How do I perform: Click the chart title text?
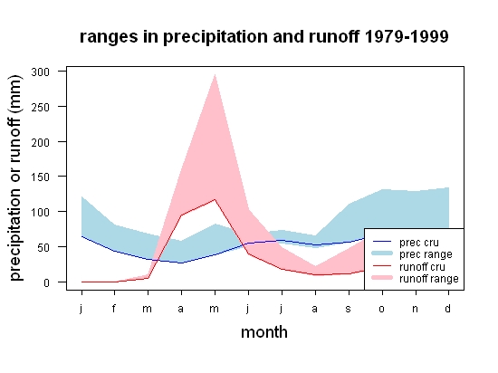point(263,37)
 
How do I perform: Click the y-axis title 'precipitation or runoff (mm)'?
point(15,178)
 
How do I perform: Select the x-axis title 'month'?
point(264,332)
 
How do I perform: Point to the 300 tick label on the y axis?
point(41,72)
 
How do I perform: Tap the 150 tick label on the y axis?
point(41,177)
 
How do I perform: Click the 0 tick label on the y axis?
point(47,282)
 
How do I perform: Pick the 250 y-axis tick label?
point(41,107)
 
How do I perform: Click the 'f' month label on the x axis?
point(114,308)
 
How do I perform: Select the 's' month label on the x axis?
point(349,309)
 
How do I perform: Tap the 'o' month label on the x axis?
point(382,309)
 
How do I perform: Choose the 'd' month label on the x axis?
point(447,308)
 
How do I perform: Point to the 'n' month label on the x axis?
point(415,309)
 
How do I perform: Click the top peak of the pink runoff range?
point(215,74)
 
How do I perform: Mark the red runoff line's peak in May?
point(215,199)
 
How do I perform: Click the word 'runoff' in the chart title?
point(334,36)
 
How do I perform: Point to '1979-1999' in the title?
point(407,36)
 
